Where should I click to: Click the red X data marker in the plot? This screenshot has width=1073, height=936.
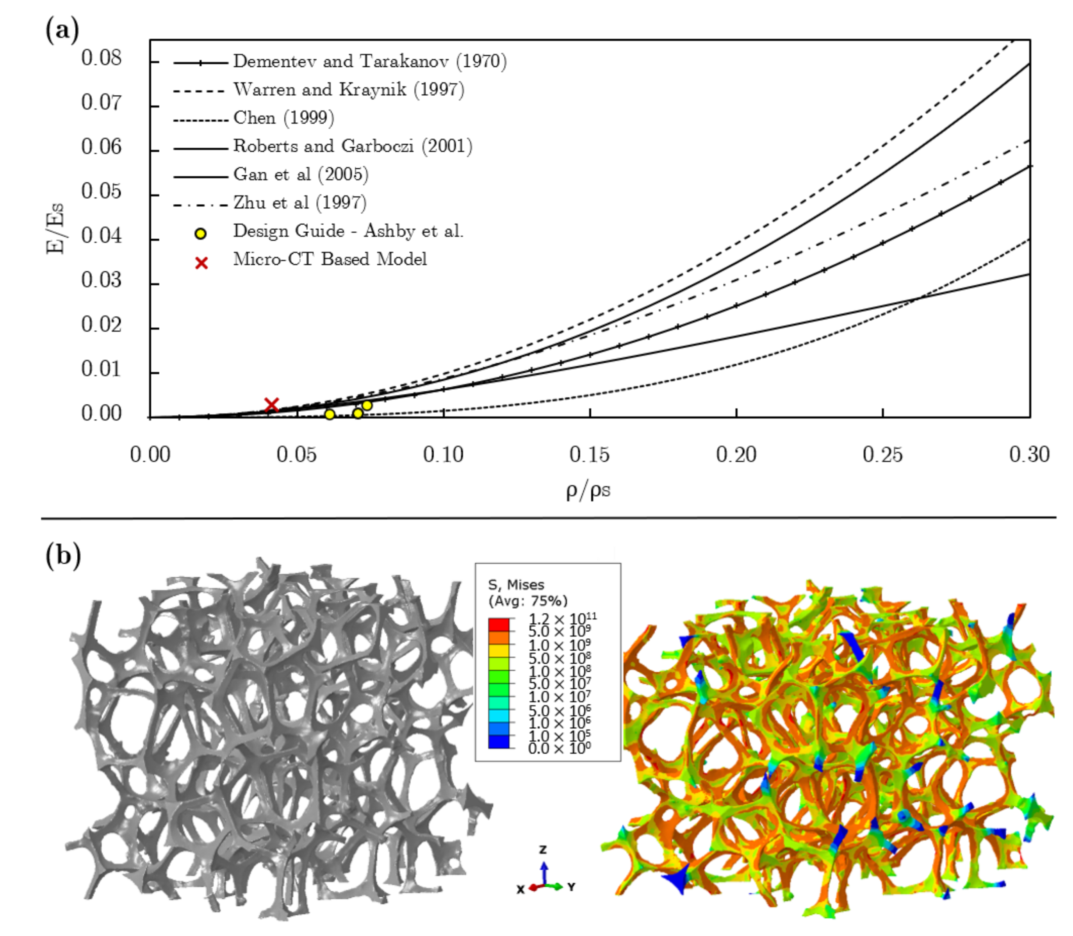tap(271, 405)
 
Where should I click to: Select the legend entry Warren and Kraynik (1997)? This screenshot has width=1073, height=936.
tap(348, 90)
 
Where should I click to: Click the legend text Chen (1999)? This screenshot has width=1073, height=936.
tap(283, 118)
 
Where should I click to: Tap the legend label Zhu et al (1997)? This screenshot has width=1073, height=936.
tap(300, 203)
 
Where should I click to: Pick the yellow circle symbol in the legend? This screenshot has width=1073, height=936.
tap(200, 234)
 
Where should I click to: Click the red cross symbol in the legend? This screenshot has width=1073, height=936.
tap(201, 263)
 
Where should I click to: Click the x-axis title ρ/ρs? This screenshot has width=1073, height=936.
tap(588, 490)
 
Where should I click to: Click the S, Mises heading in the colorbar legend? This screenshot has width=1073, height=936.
tap(515, 584)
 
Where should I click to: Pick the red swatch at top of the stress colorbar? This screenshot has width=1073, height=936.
tap(498, 625)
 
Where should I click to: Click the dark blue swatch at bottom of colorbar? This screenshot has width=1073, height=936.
tap(498, 742)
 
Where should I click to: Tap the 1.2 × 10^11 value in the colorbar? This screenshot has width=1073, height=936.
tap(562, 619)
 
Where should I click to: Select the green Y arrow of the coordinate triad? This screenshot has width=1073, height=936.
tap(556, 886)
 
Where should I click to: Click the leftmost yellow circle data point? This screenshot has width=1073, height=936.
tap(330, 414)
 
